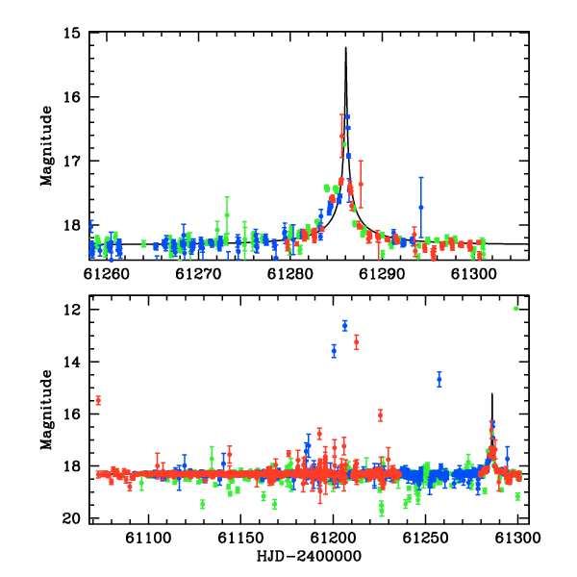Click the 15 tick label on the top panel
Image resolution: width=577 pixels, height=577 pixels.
72,34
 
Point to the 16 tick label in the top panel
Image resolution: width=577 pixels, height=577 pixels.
72,97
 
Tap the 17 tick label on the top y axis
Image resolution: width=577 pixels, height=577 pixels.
72,161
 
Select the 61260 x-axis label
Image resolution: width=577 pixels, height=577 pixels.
107,274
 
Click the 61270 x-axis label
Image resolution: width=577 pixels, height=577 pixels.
198,274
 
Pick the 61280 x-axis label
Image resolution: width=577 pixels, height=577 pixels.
290,274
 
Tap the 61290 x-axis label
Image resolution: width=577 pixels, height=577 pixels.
382,274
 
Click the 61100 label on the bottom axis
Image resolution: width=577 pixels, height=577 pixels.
148,538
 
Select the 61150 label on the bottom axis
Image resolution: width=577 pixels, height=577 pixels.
240,538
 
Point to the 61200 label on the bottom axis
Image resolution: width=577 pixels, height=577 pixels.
333,538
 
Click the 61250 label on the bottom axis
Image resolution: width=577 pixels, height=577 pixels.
425,538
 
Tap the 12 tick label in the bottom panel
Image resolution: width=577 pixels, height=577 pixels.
72,310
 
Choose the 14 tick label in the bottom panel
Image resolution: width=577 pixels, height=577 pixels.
72,363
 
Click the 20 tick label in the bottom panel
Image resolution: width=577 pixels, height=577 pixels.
72,519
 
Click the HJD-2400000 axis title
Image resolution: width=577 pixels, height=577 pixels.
309,556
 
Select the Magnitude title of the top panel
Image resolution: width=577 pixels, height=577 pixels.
46,146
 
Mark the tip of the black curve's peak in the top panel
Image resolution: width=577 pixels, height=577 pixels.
346,47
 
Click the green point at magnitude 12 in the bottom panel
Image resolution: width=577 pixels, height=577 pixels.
515,309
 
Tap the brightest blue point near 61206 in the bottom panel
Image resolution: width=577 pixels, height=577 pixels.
345,326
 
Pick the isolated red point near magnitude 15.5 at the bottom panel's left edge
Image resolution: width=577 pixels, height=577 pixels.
98,400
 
